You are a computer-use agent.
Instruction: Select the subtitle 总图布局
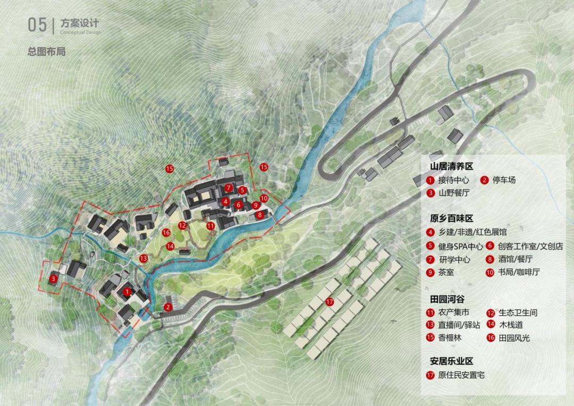(46, 52)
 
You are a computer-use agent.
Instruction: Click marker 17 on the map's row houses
(330, 302)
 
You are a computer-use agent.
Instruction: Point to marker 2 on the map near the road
(168, 307)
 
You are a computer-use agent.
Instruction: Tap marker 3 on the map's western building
(53, 278)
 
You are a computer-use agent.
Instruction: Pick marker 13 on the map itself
(143, 258)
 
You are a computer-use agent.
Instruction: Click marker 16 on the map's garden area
(166, 232)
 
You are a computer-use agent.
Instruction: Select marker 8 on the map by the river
(259, 215)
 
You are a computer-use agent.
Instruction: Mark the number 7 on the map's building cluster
(228, 188)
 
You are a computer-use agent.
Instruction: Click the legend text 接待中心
(454, 180)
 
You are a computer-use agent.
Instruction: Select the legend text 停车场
(504, 180)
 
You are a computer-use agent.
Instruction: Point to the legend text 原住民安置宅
(461, 375)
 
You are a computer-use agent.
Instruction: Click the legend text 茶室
(446, 273)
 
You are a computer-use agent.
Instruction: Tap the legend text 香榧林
(450, 338)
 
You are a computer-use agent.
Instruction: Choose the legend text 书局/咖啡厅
(519, 273)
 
